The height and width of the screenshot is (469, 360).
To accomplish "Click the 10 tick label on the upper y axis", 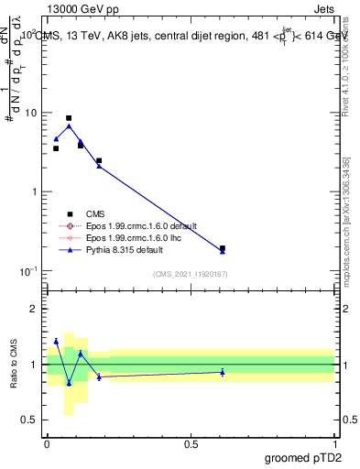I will click(31, 114).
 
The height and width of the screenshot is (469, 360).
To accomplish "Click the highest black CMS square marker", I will click(69, 118).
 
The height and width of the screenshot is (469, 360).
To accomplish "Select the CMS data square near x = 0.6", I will click(223, 248).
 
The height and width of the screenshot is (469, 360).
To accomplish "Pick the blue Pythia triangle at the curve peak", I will click(69, 125).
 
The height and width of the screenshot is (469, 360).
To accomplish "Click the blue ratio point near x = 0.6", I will click(223, 372).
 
